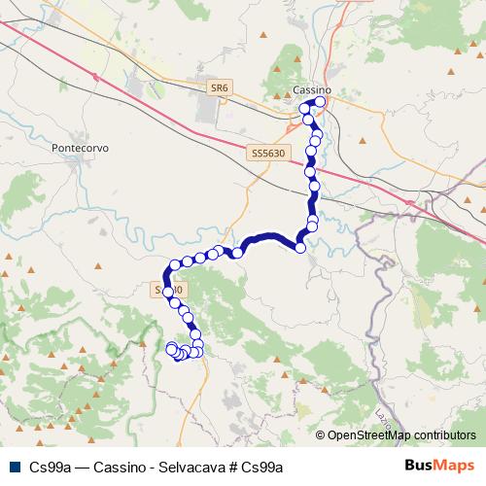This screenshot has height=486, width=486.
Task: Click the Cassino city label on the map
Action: pos(311,90)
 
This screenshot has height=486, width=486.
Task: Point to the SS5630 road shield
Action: pos(266,153)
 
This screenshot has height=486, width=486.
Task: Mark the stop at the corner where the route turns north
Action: pos(300,248)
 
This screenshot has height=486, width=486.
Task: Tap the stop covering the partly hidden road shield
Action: pos(167,291)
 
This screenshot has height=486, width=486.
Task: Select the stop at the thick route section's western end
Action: pos(237,253)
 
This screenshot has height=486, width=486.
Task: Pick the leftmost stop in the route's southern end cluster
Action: pos(171,348)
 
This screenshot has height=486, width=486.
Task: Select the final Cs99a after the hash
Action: pos(260,466)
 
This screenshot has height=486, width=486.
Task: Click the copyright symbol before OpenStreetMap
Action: pos(322,435)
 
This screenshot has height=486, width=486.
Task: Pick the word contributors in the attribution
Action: pos(446,435)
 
